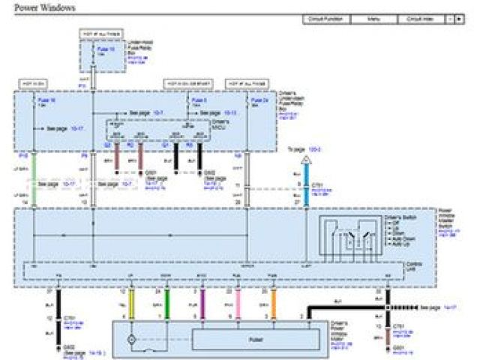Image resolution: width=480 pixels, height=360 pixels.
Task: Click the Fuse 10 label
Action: pyautogui.click(x=106, y=49)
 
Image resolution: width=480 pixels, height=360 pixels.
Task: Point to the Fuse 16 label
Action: pyautogui.click(x=45, y=100)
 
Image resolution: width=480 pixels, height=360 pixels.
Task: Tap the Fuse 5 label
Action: pyautogui.click(x=199, y=100)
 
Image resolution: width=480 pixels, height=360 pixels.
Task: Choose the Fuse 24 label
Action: pyautogui.click(x=259, y=100)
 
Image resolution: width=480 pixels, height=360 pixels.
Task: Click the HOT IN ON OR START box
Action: pyautogui.click(x=186, y=83)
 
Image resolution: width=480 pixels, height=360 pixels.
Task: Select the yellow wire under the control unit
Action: pyautogui.click(x=132, y=303)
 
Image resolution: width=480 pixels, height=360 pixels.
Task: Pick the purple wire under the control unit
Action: pyautogui.click(x=202, y=303)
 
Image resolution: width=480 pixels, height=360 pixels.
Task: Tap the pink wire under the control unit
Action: pyautogui.click(x=238, y=303)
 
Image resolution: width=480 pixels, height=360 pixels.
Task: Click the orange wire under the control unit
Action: pyautogui.click(x=273, y=303)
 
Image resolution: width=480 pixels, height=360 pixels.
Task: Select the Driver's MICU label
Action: pyautogui.click(x=219, y=124)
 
